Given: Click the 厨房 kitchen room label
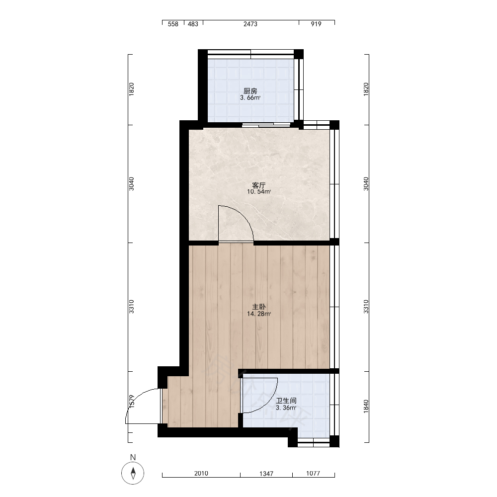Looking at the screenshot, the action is tap(250, 91).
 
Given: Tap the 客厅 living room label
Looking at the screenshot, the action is tap(258, 185).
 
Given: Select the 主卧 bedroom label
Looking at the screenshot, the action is tap(258, 307).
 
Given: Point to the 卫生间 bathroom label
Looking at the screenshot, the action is tap(286, 401).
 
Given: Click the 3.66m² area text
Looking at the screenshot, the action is tap(250, 98).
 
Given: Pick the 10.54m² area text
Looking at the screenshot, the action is tap(258, 192).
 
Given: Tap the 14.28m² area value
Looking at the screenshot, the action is tap(258, 314).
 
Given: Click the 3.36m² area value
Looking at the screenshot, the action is tap(286, 408).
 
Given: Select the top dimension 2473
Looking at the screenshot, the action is tap(250, 24).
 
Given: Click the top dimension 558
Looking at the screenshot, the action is tap(173, 24).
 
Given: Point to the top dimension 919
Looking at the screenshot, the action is tap(316, 24).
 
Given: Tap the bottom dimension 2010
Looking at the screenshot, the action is tap(201, 474).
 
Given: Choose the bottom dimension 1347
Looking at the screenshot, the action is tap(266, 474).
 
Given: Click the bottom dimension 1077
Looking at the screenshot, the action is tap(313, 474).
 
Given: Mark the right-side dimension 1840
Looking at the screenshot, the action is tap(366, 407).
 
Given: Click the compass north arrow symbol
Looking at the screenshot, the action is tap(133, 473).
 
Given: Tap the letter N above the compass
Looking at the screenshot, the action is tap(133, 457).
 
